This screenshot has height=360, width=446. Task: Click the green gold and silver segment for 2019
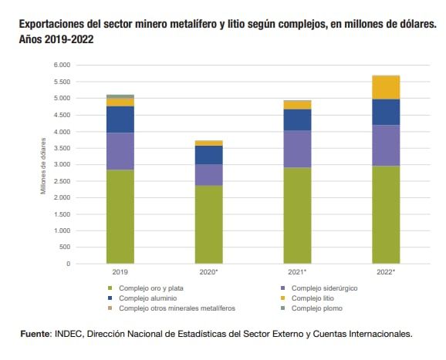coord(120,216)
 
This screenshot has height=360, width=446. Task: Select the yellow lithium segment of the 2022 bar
coord(386,87)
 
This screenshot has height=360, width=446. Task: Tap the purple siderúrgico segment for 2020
coord(208,175)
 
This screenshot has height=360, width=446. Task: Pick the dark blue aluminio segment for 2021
coord(297,119)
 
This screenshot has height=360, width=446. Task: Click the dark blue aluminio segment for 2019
coord(120,119)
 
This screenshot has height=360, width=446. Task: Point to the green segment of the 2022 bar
coord(386,214)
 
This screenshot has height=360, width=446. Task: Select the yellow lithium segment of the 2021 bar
coord(297,104)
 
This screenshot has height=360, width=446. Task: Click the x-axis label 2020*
coord(208,272)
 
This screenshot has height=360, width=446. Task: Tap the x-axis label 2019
coord(120,272)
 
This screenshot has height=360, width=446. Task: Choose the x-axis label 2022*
coord(386,272)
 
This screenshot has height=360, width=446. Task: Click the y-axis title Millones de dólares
coord(44,165)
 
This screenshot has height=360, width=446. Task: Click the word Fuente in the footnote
coord(35,334)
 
